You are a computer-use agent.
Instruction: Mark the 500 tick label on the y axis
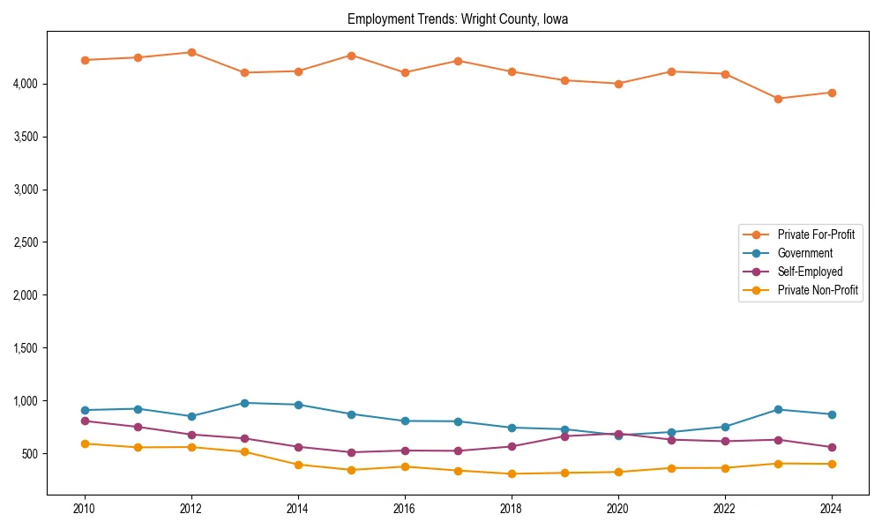tap(29, 454)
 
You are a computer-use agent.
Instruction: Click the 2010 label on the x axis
tap(85, 510)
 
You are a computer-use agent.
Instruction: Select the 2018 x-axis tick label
tap(512, 510)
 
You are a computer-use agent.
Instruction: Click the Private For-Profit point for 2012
tap(191, 52)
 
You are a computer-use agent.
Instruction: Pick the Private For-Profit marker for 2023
tap(778, 99)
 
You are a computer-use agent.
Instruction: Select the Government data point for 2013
tap(244, 403)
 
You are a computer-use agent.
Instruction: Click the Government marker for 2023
tap(778, 409)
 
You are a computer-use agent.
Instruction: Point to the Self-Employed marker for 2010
tap(85, 421)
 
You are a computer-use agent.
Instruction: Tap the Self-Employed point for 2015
tap(351, 452)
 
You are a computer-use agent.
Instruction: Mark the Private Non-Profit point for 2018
tap(512, 473)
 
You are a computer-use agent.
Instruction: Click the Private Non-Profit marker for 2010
tap(85, 443)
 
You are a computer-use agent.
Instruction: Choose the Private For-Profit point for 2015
tap(351, 56)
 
